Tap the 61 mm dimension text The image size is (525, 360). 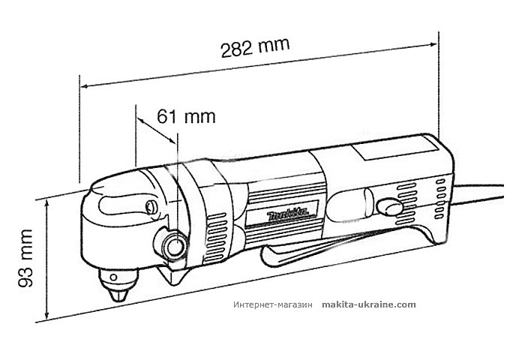click(186, 116)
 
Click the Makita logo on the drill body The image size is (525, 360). click(289, 215)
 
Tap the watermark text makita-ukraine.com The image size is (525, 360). click(368, 304)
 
